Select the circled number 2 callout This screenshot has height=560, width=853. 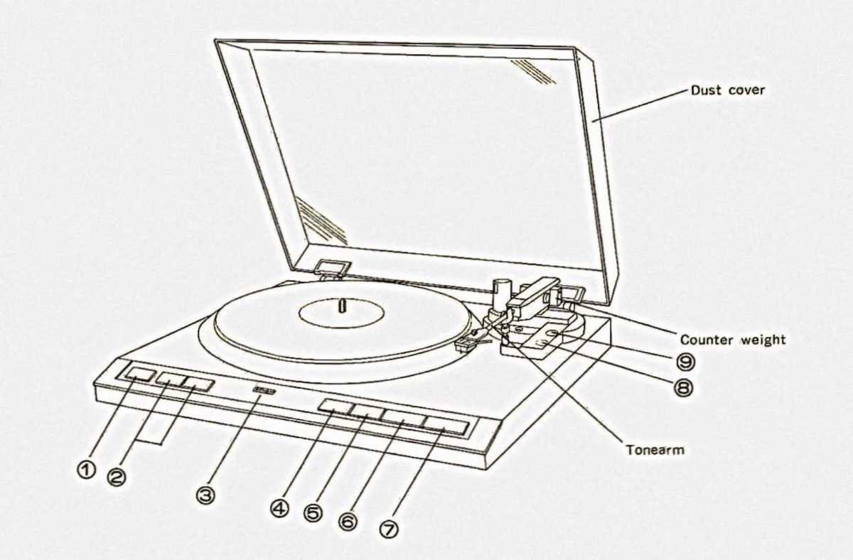click(x=116, y=477)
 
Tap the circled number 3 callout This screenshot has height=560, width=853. click(x=205, y=495)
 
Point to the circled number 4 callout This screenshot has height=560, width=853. click(x=280, y=509)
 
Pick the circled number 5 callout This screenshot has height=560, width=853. click(x=312, y=514)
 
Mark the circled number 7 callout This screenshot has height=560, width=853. click(x=389, y=529)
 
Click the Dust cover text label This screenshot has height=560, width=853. click(x=728, y=91)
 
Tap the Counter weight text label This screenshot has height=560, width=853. click(x=733, y=340)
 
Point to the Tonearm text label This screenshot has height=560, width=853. click(x=655, y=450)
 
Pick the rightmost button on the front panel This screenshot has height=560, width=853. click(x=446, y=426)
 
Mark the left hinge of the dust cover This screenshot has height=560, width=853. click(x=328, y=268)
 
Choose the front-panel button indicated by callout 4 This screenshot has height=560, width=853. click(x=336, y=407)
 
